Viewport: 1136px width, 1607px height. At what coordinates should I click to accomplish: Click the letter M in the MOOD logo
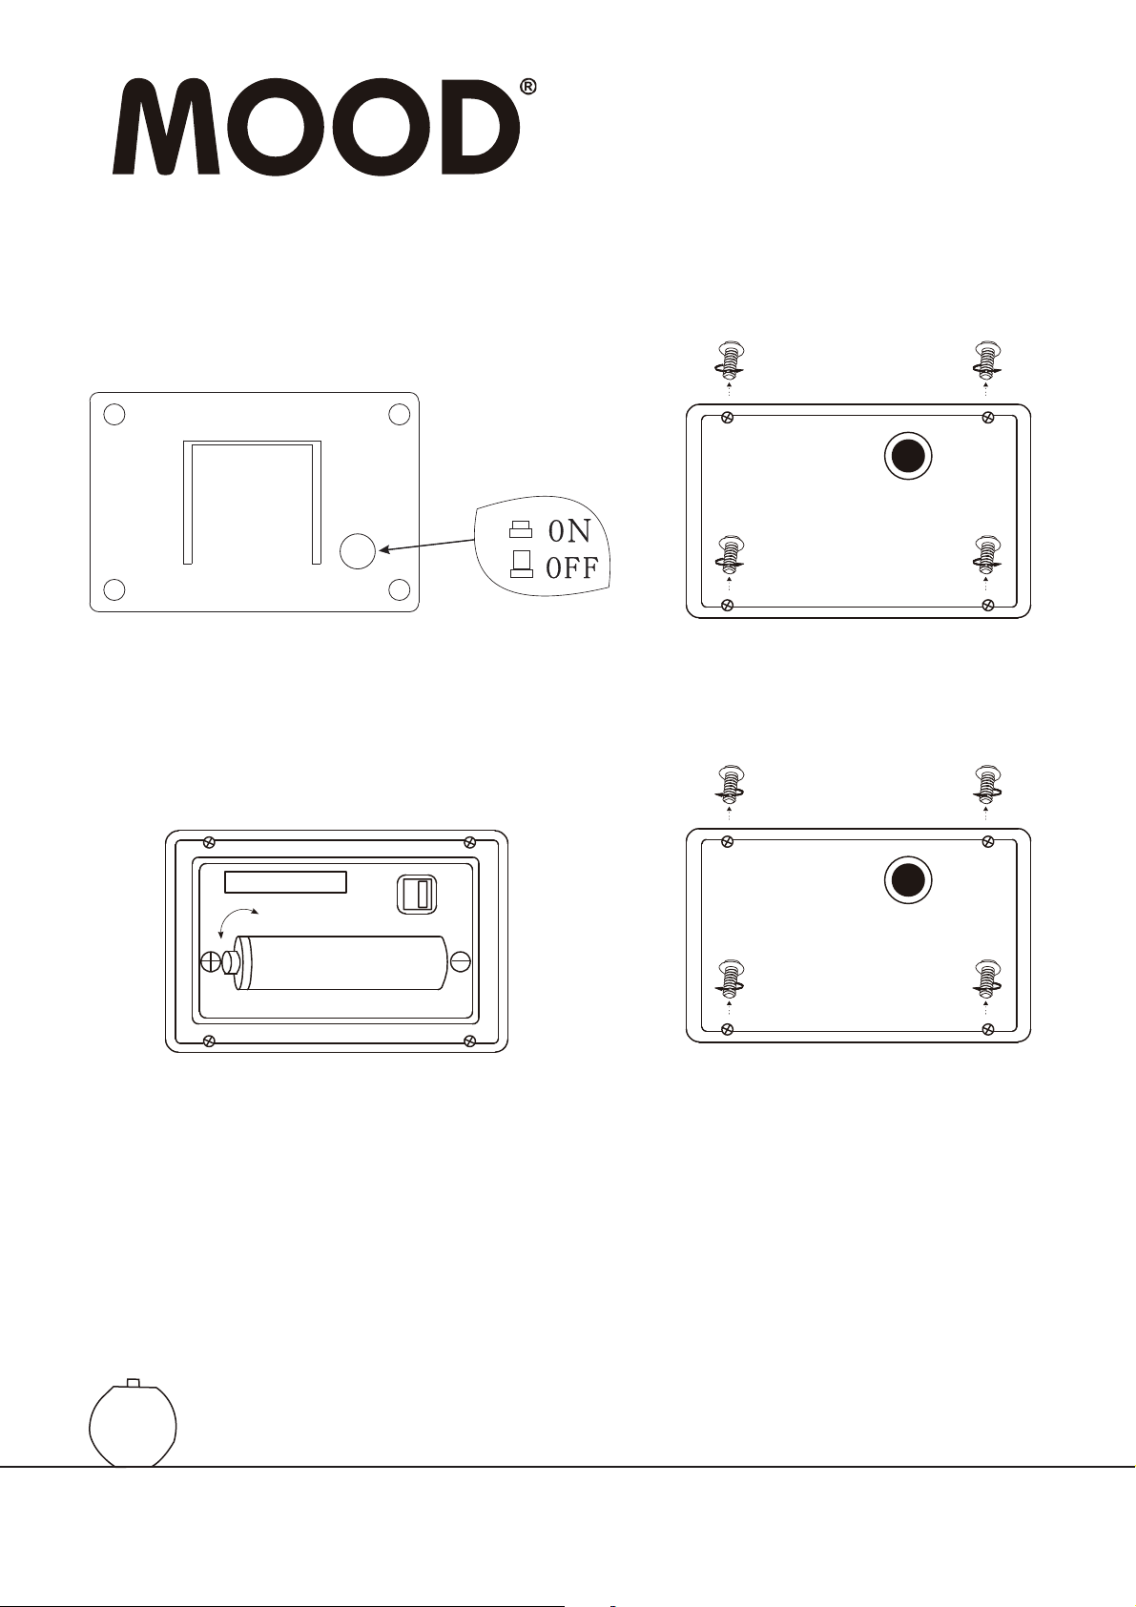(x=167, y=126)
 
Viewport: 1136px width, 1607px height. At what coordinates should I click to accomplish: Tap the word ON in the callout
(x=569, y=531)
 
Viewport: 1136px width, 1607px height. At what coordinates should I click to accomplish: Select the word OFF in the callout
(x=572, y=568)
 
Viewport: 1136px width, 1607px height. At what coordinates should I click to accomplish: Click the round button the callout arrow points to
(x=358, y=551)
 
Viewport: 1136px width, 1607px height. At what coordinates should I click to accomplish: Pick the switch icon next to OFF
(x=521, y=564)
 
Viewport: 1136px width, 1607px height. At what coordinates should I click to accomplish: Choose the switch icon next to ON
(x=520, y=530)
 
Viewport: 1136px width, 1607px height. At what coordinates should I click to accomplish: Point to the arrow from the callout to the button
(x=426, y=546)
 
